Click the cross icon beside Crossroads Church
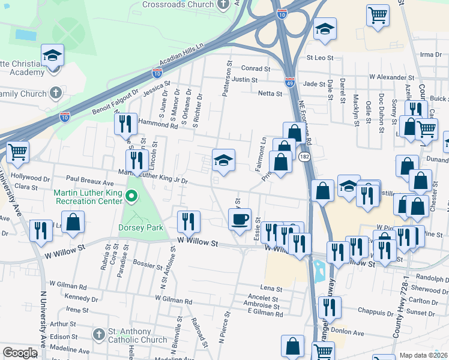click(x=223, y=5)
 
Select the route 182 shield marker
click(x=304, y=156)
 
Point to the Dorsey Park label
click(x=141, y=227)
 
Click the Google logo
click(x=20, y=353)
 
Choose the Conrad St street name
click(x=256, y=68)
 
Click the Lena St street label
click(x=271, y=289)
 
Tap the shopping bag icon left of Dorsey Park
click(x=73, y=221)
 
